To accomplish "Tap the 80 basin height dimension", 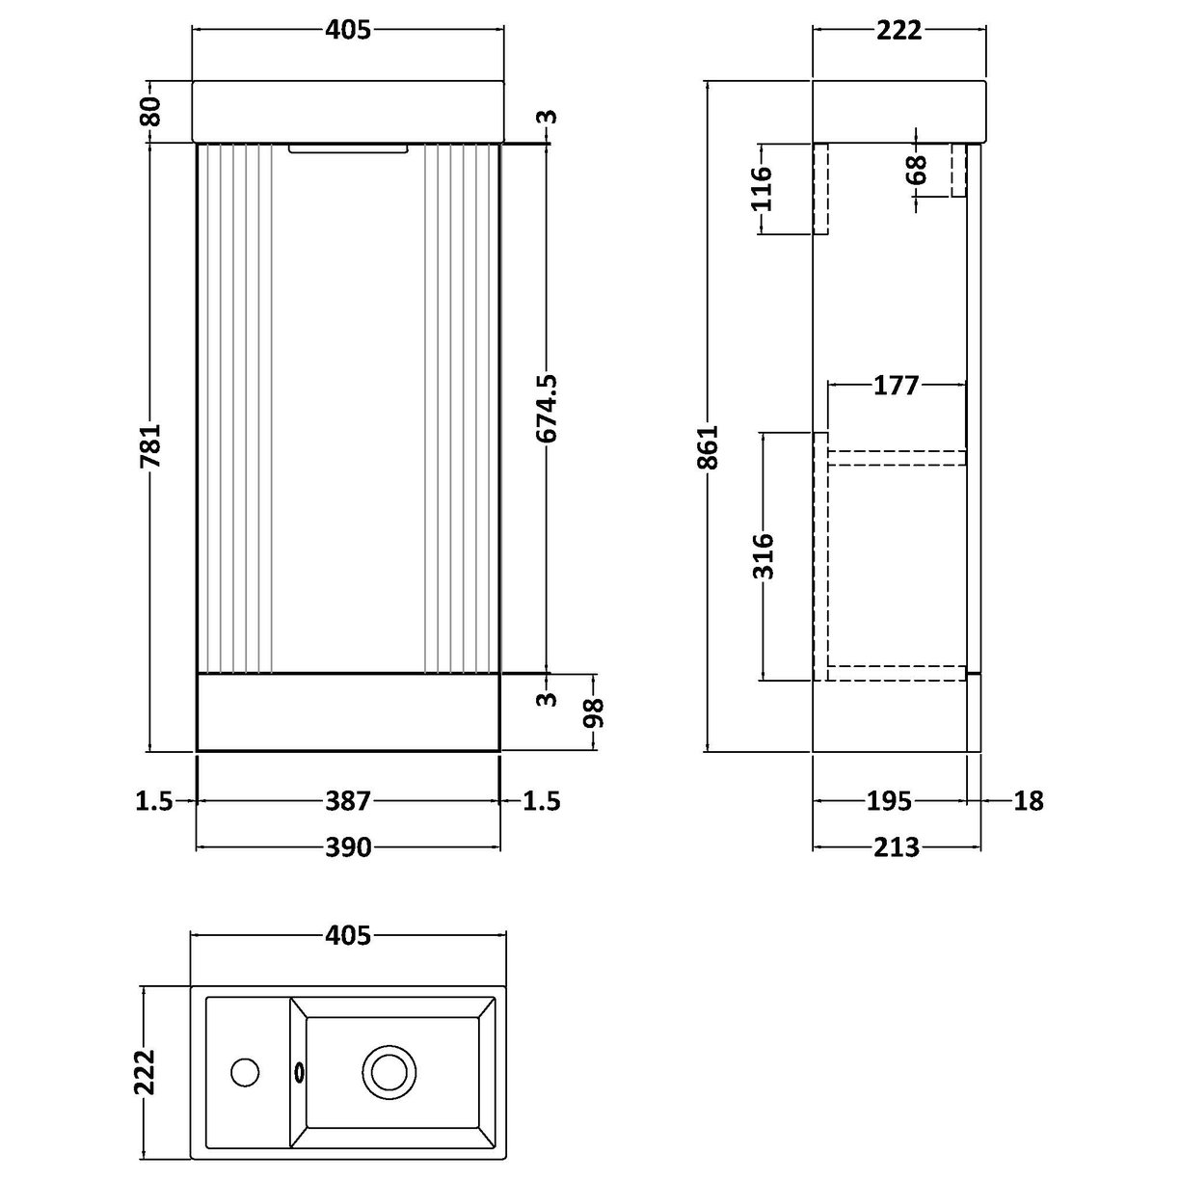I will tap(149, 112).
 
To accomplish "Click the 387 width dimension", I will tap(348, 800).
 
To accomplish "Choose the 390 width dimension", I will tap(348, 847).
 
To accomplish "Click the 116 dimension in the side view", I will tap(762, 188).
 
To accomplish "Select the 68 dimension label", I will tap(916, 170).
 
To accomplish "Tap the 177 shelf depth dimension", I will tap(896, 386).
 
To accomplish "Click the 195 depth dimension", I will tap(890, 800).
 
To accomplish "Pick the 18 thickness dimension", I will tap(1029, 800).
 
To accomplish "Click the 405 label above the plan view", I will tap(348, 935).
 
